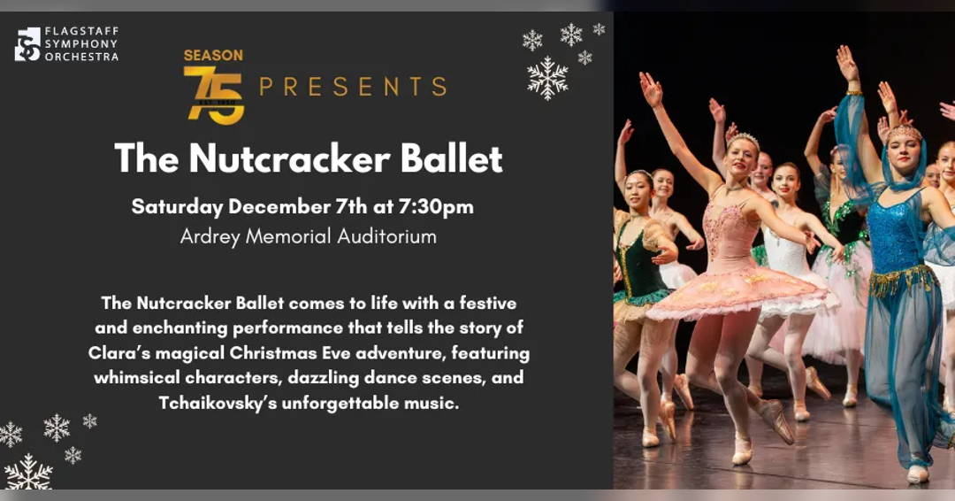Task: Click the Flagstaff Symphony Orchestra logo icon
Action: point(27,44)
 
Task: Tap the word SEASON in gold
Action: point(213,56)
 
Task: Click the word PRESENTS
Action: point(352,87)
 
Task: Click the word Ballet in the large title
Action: point(451,158)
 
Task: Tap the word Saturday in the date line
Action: point(177,207)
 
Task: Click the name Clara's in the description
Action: point(120,353)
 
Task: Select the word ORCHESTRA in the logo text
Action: point(82,57)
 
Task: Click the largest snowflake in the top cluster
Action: point(547,78)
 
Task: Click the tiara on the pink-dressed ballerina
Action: point(745,139)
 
